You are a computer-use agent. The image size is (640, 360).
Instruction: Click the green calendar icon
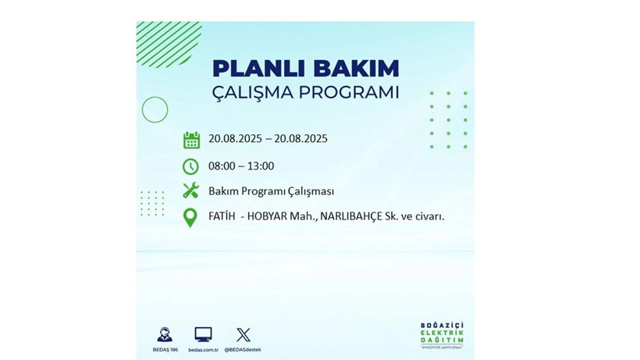click(191, 141)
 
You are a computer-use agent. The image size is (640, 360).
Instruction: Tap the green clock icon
click(190, 166)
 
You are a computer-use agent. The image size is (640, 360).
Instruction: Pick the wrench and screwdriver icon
click(190, 191)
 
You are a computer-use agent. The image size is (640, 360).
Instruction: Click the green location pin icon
click(190, 217)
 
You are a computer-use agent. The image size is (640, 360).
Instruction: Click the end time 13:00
click(260, 166)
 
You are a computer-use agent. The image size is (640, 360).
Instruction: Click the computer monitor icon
click(203, 334)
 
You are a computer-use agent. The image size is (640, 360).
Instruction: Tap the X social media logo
click(244, 334)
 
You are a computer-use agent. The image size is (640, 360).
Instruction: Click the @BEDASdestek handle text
click(244, 349)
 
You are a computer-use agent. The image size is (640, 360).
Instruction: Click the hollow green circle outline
click(155, 109)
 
